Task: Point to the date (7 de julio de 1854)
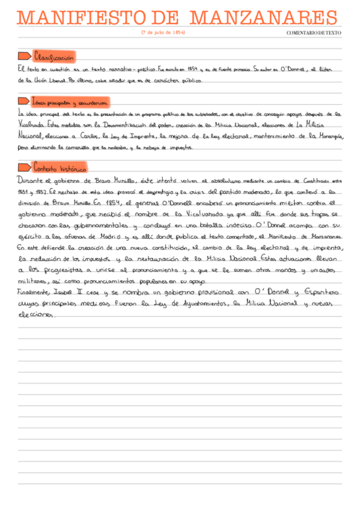163,32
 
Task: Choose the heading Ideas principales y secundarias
70,102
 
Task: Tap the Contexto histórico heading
60,167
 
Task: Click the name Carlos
85,137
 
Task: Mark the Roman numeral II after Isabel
80,293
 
